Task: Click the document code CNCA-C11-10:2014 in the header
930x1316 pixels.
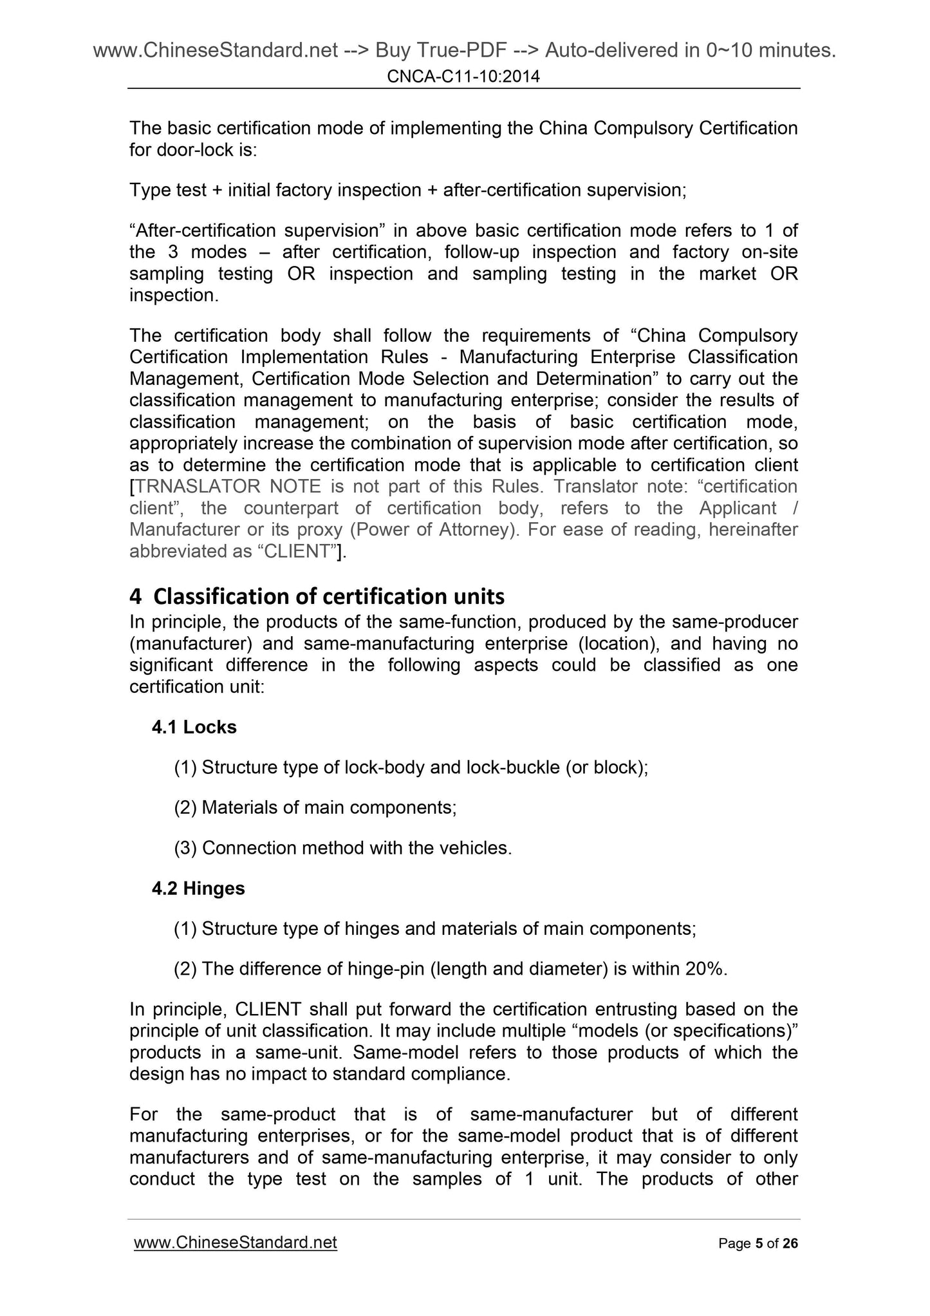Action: (x=463, y=77)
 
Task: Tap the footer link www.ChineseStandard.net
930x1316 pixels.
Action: (x=235, y=1242)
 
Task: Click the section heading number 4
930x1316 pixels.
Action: (x=135, y=597)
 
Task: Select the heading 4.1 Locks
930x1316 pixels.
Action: (x=194, y=727)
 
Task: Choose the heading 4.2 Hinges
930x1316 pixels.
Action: (x=198, y=888)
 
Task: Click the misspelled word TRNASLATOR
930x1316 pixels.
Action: (x=197, y=486)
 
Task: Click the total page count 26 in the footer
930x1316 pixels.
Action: (x=790, y=1243)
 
